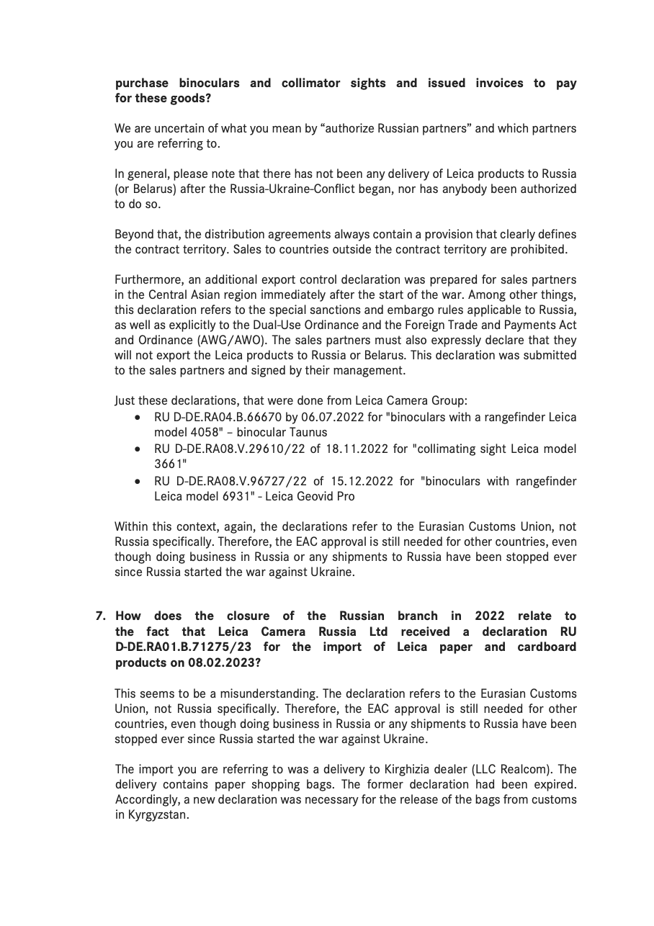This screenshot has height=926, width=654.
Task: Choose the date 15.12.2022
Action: (x=367, y=481)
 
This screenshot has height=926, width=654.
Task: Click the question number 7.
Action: (x=101, y=616)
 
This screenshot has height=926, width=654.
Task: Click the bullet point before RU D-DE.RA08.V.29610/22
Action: (x=138, y=449)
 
